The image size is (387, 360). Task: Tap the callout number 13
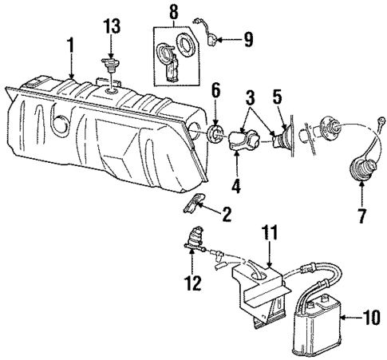coord(111,27)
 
